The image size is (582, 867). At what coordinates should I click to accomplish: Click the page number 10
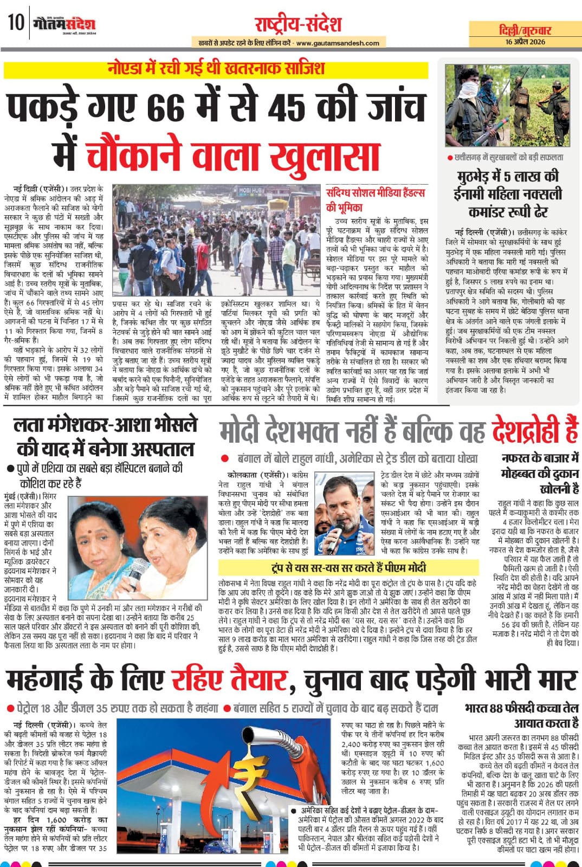(x=16, y=23)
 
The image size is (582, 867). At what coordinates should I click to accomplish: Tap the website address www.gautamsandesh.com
(x=338, y=43)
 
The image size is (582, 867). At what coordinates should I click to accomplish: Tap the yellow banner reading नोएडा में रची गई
(x=215, y=69)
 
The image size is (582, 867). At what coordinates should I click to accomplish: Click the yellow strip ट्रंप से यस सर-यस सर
(x=348, y=568)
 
